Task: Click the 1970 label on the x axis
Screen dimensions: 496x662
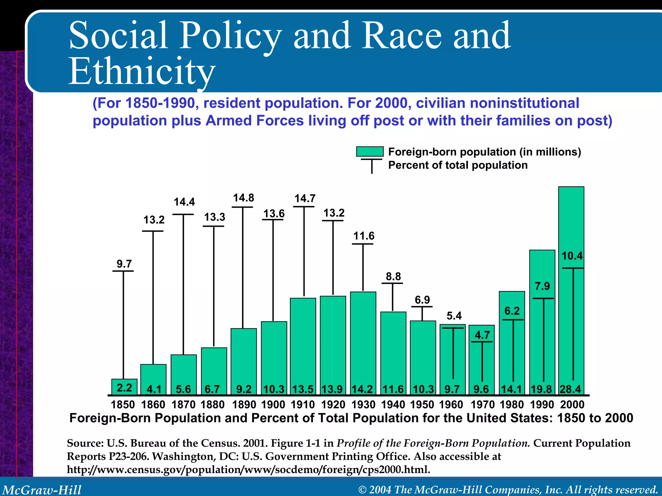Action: pyautogui.click(x=482, y=405)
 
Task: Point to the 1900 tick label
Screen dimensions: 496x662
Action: pyautogui.click(x=273, y=405)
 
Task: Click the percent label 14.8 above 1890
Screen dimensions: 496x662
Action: pyautogui.click(x=243, y=198)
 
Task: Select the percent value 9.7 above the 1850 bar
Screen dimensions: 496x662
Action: pyautogui.click(x=124, y=264)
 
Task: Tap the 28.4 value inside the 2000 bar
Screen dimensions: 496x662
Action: pyautogui.click(x=571, y=389)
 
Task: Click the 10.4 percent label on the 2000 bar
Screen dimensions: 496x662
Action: pyautogui.click(x=572, y=256)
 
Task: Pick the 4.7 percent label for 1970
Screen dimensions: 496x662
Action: pyautogui.click(x=482, y=335)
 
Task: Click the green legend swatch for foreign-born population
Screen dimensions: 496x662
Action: pyautogui.click(x=370, y=151)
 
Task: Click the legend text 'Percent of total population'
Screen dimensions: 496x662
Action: pyautogui.click(x=458, y=165)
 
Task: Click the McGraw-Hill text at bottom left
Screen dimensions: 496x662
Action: pyautogui.click(x=42, y=490)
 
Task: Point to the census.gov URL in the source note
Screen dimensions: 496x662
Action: pyautogui.click(x=248, y=469)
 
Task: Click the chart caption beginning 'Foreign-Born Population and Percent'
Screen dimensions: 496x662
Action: pyautogui.click(x=351, y=418)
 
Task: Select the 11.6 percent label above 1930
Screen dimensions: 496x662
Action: pyautogui.click(x=364, y=236)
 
